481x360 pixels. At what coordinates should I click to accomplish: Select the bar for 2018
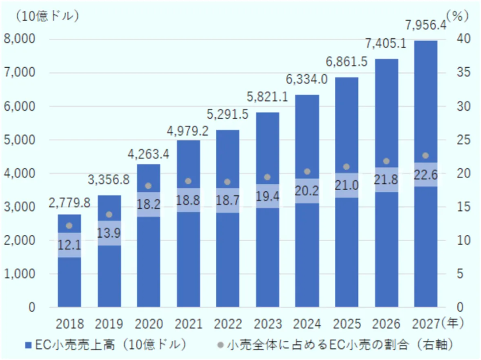point(69,278)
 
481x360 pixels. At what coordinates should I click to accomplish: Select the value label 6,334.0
point(307,78)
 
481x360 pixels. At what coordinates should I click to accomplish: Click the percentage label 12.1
point(69,245)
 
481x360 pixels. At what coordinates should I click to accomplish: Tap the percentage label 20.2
point(307,191)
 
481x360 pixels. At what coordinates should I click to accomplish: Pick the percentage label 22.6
point(425,174)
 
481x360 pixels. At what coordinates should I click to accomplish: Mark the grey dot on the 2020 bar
point(148,186)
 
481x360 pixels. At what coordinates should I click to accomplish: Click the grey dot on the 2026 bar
point(386,161)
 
